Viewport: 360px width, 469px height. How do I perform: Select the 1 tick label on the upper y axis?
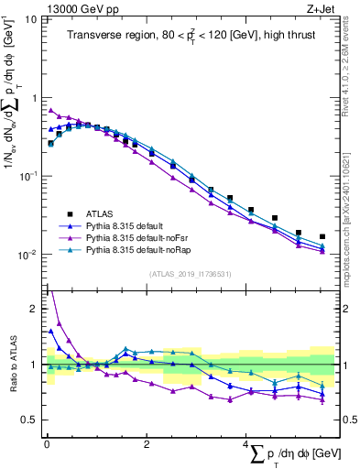(34, 97)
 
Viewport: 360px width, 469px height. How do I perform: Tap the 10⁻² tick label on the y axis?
(27, 255)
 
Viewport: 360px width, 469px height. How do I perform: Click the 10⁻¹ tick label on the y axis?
(27, 176)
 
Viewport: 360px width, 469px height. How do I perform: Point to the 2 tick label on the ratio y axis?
(34, 309)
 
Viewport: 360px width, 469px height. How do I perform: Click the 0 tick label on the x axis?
(47, 444)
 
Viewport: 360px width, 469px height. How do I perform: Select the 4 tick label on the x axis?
(245, 444)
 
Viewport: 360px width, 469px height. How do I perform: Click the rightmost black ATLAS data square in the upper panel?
(322, 236)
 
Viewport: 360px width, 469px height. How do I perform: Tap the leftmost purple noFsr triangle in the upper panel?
(50, 111)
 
